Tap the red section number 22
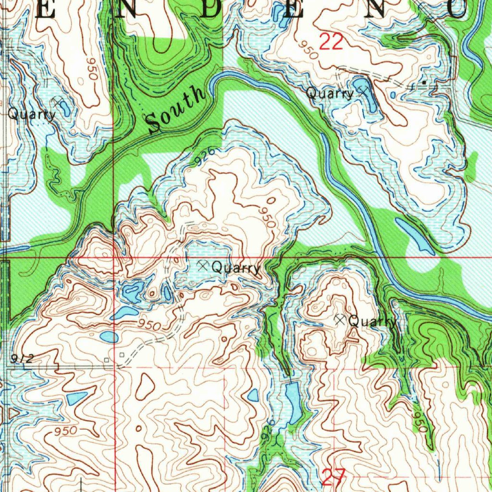(x=331, y=42)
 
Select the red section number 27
(x=333, y=477)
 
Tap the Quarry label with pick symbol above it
(x=32, y=114)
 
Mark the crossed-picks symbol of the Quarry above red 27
(x=341, y=319)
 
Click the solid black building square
(x=424, y=83)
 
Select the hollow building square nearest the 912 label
(x=107, y=359)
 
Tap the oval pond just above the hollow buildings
(x=109, y=336)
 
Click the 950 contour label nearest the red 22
(x=307, y=49)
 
